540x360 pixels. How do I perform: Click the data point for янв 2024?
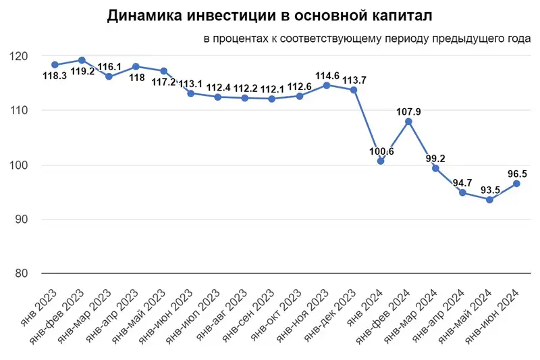381,161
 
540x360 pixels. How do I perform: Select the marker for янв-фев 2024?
408,122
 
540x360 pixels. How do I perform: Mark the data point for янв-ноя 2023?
327,85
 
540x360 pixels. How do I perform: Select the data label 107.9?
408,111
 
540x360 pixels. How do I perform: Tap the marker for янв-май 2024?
489,200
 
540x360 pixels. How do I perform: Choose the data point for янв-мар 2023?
109,76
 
